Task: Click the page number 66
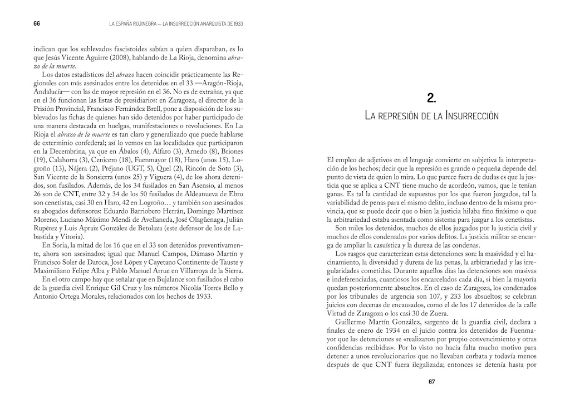tap(37, 24)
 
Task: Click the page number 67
tap(431, 382)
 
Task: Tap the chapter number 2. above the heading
tap(431, 99)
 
